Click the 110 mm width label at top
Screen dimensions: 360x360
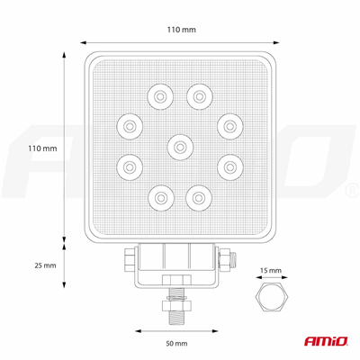(182, 30)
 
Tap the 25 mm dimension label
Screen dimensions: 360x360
(42, 265)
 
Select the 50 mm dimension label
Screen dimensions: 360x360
(176, 344)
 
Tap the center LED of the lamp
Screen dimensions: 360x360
(180, 146)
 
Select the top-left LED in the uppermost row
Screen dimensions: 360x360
(161, 93)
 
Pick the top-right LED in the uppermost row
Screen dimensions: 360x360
(199, 93)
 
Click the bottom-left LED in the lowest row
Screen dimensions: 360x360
(161, 193)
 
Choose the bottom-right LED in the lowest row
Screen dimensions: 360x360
(199, 193)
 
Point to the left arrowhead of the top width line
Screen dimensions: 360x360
(83, 41)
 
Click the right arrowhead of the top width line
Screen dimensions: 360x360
(278, 41)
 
